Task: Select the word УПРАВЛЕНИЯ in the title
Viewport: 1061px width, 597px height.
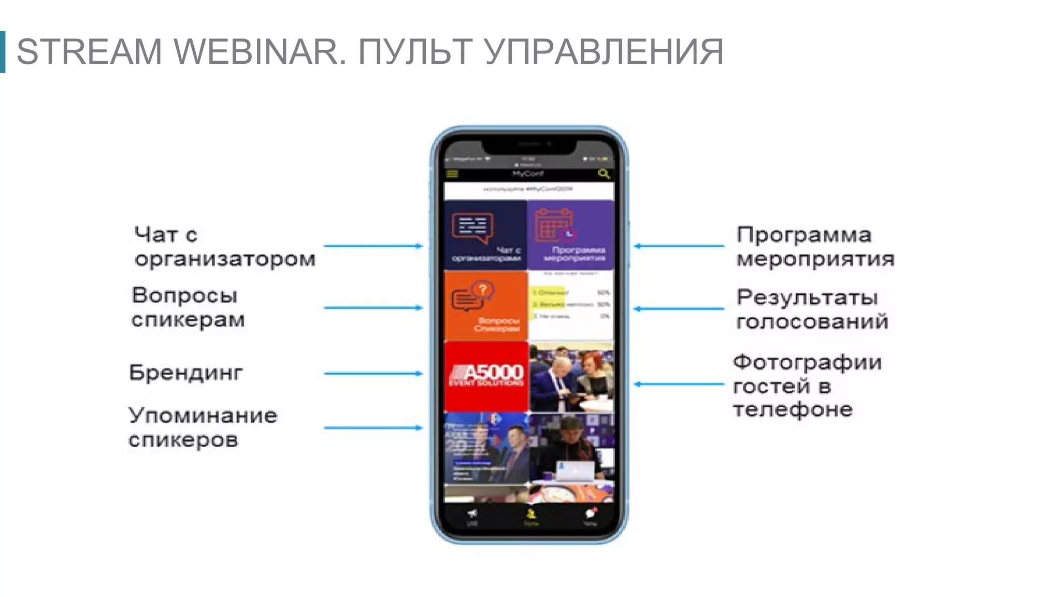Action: coord(604,52)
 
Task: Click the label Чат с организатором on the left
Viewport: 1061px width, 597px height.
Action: coord(224,247)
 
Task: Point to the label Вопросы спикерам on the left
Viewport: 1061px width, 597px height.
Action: coord(188,307)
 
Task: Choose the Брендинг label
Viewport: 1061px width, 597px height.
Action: coord(185,373)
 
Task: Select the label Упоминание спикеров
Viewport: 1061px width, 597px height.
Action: coord(203,428)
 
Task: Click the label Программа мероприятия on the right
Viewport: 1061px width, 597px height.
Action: coord(815,247)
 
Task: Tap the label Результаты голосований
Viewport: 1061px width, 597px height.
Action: coord(812,309)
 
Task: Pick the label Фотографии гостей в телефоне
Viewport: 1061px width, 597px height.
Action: coord(807,386)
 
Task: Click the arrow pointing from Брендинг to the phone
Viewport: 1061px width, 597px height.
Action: coord(373,373)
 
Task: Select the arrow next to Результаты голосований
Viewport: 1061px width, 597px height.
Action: coord(679,309)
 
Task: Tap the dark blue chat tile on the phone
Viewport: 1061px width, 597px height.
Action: coord(485,235)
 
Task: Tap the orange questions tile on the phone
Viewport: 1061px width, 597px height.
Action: coord(485,306)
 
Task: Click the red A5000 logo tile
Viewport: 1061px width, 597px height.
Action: coord(486,376)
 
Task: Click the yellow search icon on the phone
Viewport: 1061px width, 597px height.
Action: coord(604,174)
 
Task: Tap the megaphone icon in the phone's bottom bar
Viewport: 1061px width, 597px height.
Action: coord(472,514)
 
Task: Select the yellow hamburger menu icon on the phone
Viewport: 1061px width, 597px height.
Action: coord(452,174)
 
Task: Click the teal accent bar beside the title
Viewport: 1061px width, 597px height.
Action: coord(3,52)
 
